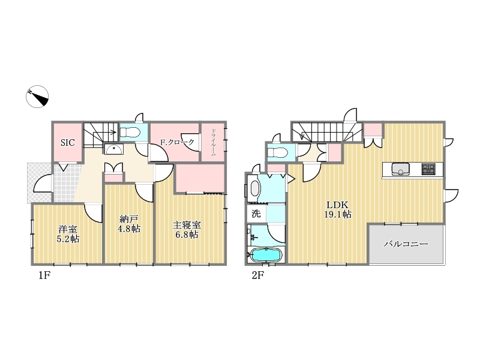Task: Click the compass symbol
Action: pyautogui.click(x=37, y=97)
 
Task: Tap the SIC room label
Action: pyautogui.click(x=67, y=143)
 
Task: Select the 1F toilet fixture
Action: pyautogui.click(x=130, y=133)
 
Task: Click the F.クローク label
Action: pyautogui.click(x=178, y=142)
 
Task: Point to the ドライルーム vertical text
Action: pyautogui.click(x=214, y=142)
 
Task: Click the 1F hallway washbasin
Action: pyautogui.click(x=114, y=149)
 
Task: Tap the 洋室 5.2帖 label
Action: pyautogui.click(x=68, y=234)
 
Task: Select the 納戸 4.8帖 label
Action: pyautogui.click(x=129, y=224)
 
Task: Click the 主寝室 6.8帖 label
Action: pyautogui.click(x=187, y=230)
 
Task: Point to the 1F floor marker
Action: pyautogui.click(x=44, y=275)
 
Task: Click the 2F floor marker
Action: pyautogui.click(x=258, y=275)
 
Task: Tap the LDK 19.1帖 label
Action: pyautogui.click(x=338, y=209)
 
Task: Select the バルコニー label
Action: pyautogui.click(x=406, y=244)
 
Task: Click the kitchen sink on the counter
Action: pyautogui.click(x=400, y=169)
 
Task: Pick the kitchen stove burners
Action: pyautogui.click(x=428, y=169)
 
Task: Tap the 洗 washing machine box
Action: pyautogui.click(x=256, y=213)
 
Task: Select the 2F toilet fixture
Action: pyautogui.click(x=277, y=152)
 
